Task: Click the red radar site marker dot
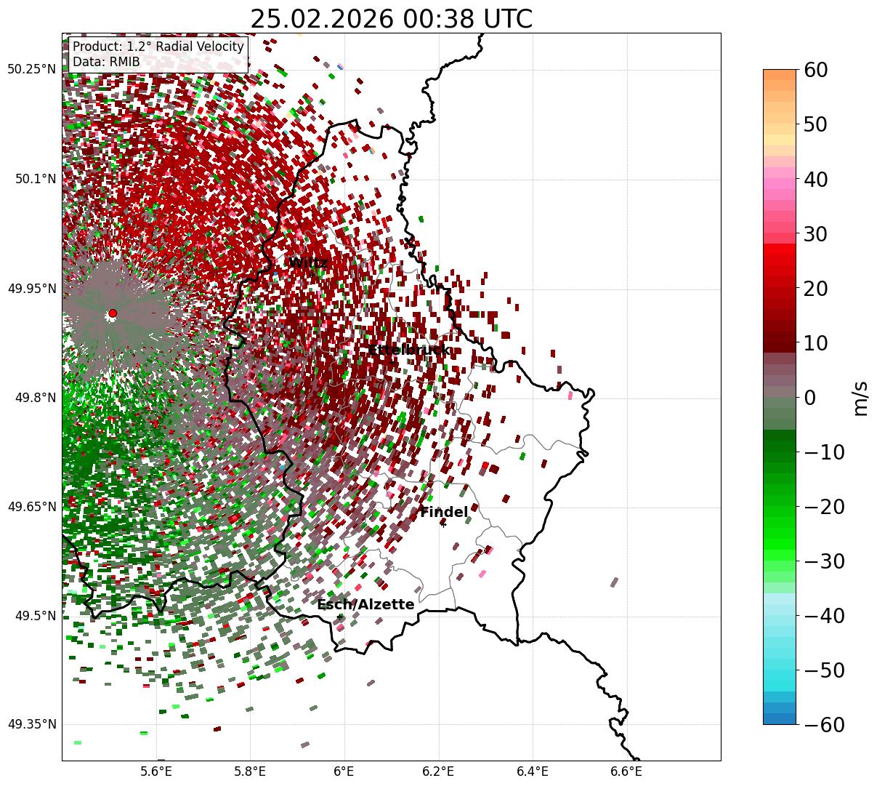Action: tap(113, 313)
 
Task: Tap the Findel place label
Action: tap(444, 513)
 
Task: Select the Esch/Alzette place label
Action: tap(365, 605)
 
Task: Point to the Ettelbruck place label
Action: tap(409, 350)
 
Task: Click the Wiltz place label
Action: tap(309, 262)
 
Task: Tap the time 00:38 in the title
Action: tap(422, 20)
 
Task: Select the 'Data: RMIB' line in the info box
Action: tap(106, 62)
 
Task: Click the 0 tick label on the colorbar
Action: tap(809, 398)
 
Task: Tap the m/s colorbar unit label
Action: tap(861, 398)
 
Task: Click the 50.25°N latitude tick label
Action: tap(31, 69)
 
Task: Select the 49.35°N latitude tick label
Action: tap(31, 724)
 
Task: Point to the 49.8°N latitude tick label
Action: tap(34, 398)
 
